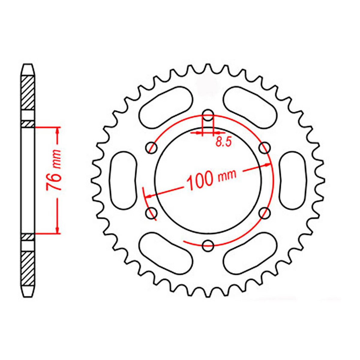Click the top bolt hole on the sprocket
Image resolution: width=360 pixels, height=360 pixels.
(208, 114)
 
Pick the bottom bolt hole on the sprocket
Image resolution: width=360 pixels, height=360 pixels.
(208, 246)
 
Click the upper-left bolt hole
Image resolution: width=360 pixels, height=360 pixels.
(151, 147)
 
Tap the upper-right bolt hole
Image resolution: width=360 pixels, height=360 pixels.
(264, 147)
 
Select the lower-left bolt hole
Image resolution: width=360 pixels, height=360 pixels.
(151, 213)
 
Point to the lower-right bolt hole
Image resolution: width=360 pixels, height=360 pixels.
(264, 213)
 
